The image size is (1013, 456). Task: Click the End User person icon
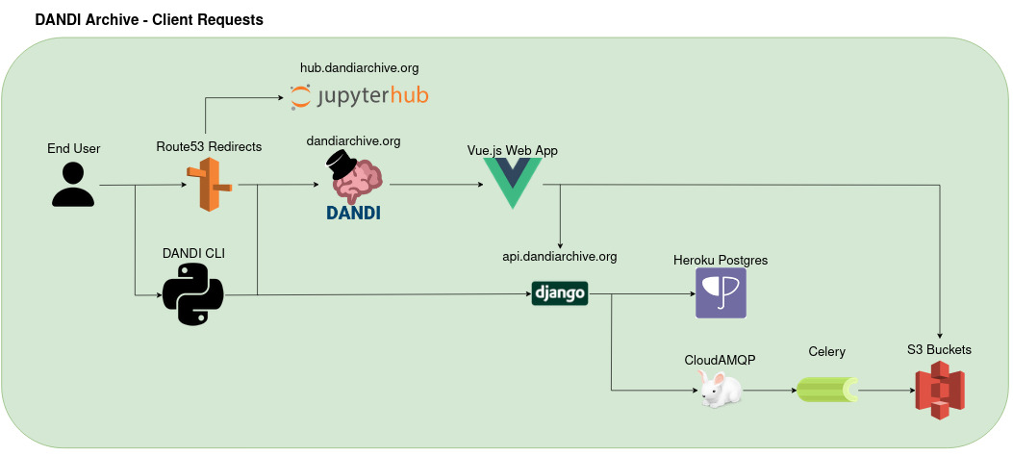(x=73, y=185)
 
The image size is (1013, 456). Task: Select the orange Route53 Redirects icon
(x=210, y=185)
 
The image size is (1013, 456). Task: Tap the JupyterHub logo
(x=359, y=96)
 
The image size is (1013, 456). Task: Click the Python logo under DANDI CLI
(x=192, y=294)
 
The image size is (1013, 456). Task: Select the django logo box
(x=559, y=293)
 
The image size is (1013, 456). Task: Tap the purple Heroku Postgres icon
(x=721, y=293)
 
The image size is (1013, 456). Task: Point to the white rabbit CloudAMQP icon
(x=720, y=390)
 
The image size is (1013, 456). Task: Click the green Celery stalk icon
(x=826, y=390)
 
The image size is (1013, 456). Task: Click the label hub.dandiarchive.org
(x=360, y=68)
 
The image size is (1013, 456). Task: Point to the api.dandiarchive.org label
(x=559, y=257)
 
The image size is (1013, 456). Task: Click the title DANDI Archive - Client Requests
(x=149, y=19)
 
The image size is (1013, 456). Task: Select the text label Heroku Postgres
(x=721, y=260)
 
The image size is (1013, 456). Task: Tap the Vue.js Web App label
(x=512, y=150)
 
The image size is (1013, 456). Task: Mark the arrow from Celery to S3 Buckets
(x=885, y=391)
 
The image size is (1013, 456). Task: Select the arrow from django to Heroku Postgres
(x=641, y=294)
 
